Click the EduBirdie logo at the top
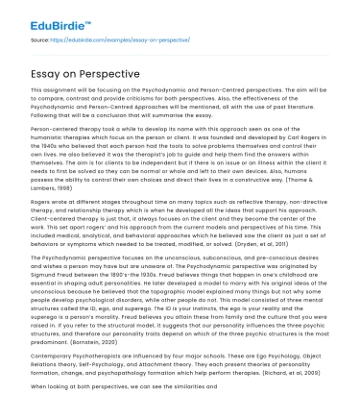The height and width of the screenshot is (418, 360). tap(39, 16)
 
